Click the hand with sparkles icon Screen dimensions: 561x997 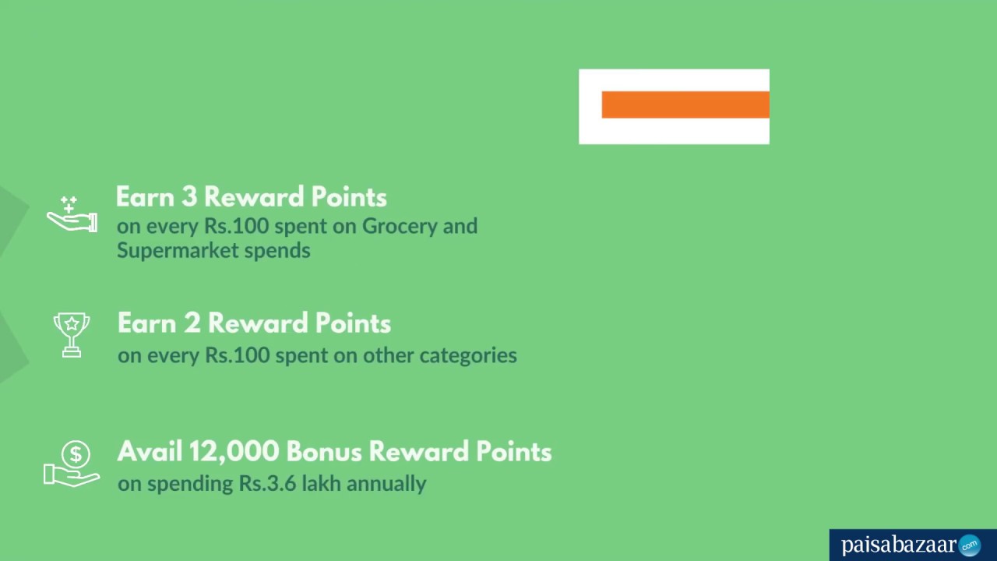pos(72,215)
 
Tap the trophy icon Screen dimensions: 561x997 pos(71,334)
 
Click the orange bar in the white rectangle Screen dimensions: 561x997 pos(685,104)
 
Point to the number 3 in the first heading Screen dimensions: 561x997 pos(188,197)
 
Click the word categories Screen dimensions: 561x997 pos(468,355)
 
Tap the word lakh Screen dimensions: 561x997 pos(319,484)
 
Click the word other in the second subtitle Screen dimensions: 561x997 pos(389,355)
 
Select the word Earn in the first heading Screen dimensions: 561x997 pos(146,197)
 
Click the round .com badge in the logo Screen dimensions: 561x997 pos(969,545)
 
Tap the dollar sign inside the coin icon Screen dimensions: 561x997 pos(76,453)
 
